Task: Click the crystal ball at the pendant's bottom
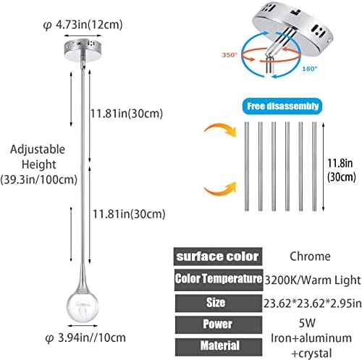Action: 83,306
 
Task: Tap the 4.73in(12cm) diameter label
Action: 83,25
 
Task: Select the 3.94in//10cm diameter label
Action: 85,338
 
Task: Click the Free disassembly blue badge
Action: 282,106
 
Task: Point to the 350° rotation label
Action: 230,55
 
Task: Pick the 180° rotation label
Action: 310,69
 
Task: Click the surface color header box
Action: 218,256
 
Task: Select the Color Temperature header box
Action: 219,280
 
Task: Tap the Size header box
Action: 219,303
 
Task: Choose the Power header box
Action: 219,325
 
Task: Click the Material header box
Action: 219,347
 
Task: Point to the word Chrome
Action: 310,256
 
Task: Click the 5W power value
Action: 307,323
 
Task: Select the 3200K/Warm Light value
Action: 313,280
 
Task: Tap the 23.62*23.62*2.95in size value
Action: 313,304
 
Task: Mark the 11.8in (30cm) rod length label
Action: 341,170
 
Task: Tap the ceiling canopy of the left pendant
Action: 83,51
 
